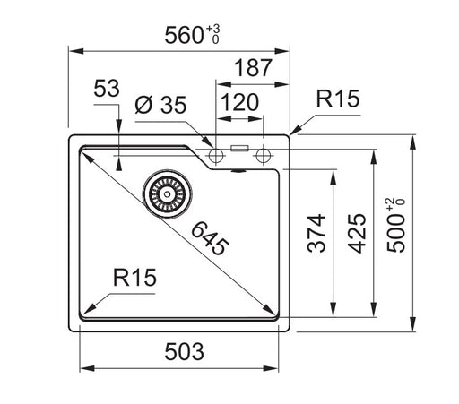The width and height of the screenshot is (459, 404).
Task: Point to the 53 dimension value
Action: [x=107, y=90]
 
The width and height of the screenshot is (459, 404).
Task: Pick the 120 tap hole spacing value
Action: [x=238, y=101]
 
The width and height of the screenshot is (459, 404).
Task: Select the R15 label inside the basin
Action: [x=134, y=279]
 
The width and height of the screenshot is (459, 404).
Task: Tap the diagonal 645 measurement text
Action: [x=208, y=240]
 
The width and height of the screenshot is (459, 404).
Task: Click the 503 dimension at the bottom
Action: [x=184, y=349]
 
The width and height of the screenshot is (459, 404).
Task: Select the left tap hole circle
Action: [x=215, y=156]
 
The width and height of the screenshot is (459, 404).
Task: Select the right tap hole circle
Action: [x=263, y=156]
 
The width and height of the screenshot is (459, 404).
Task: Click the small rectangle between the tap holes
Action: [x=239, y=149]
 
